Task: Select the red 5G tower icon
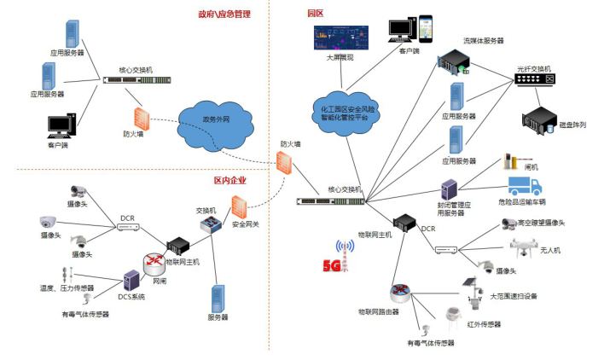[x=342, y=253]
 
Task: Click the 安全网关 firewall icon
[x=241, y=208]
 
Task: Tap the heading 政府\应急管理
[x=224, y=15]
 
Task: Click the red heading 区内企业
[x=229, y=180]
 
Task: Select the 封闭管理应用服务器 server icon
[x=450, y=189]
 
